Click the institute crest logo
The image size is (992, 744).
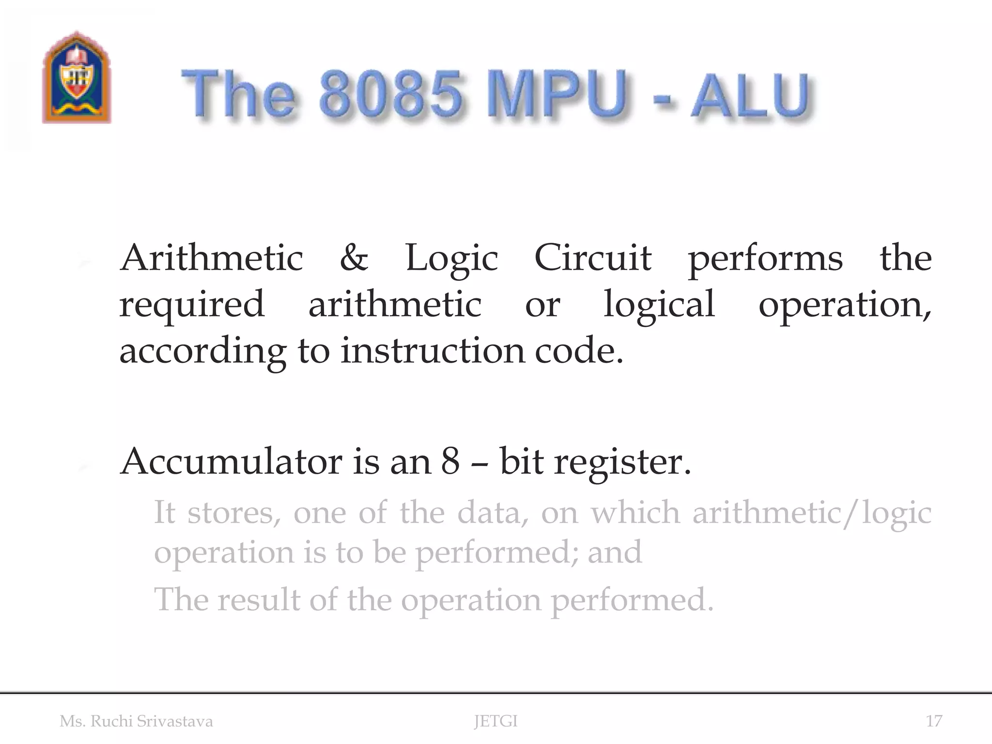tap(77, 77)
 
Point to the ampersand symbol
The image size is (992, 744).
tap(354, 258)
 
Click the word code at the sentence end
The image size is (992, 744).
tap(578, 350)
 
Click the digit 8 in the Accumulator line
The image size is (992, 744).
tap(450, 461)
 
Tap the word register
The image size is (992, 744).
tap(622, 462)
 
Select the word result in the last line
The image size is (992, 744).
tap(259, 600)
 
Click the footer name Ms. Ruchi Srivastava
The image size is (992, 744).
tap(136, 721)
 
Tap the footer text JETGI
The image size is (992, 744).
tap(496, 721)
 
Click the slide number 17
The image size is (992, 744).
tap(934, 721)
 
